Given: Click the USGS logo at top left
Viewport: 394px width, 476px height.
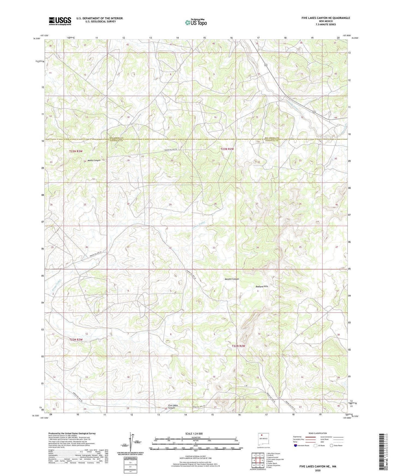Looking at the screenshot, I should click(60, 21).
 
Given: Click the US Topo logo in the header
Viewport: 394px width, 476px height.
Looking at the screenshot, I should click(196, 23).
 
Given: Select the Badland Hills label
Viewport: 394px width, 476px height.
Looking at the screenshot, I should click(262, 286).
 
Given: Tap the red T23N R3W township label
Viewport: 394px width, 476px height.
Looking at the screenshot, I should click(76, 151).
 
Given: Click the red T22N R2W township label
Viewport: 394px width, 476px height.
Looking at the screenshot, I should click(238, 346).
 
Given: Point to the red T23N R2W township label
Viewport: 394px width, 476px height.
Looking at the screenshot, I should click(227, 149).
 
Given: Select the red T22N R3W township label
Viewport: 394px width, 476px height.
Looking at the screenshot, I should click(76, 339).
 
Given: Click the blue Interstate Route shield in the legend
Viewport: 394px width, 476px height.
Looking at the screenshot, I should click(296, 445).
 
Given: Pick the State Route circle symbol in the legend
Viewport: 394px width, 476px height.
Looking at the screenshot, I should click(331, 445).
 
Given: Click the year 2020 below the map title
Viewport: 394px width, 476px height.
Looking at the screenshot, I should click(317, 470).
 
